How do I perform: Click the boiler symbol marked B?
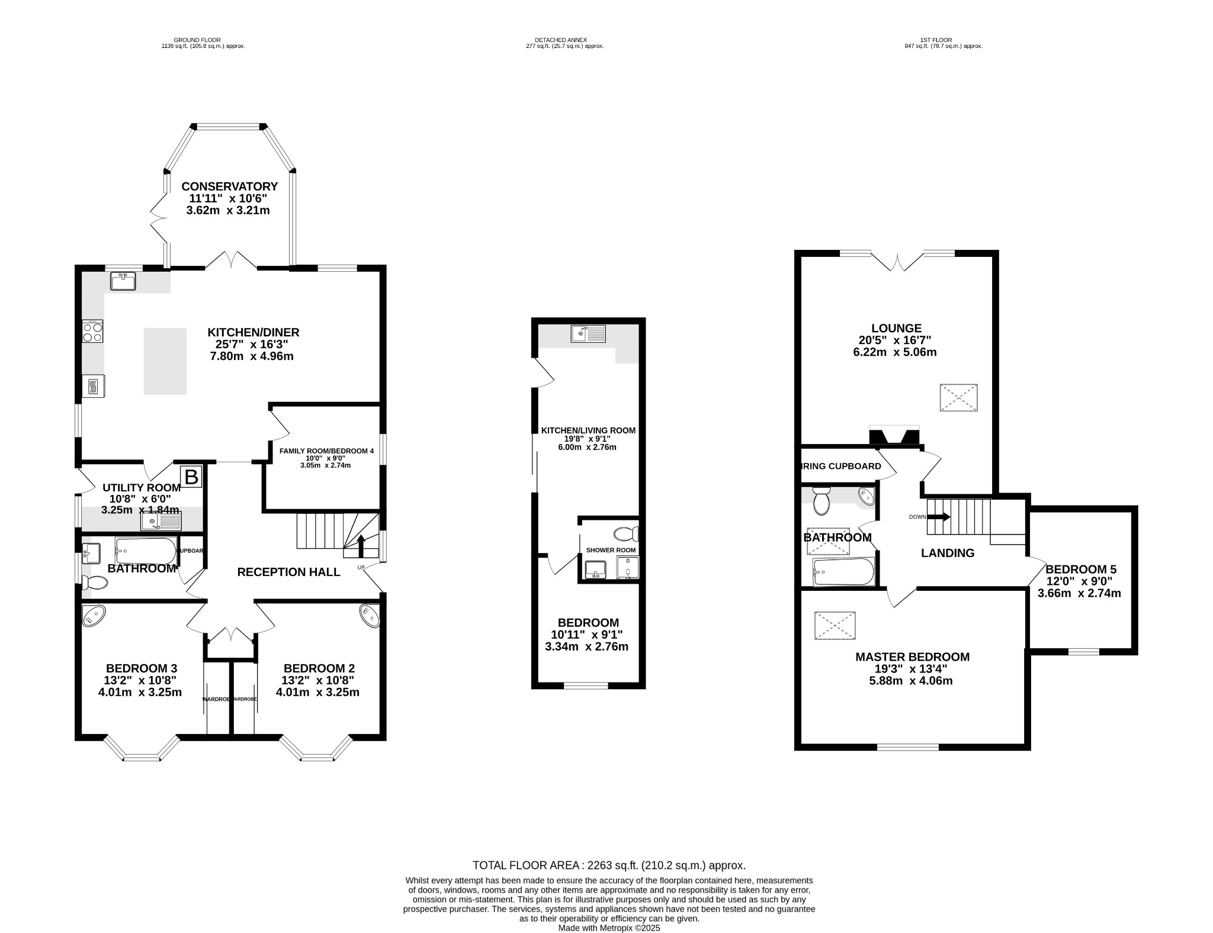191,477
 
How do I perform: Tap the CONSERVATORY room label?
229,186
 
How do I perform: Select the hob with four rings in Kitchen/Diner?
92,331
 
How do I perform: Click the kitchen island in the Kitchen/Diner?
165,361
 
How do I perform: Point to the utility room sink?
162,522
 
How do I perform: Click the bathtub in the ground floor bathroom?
146,551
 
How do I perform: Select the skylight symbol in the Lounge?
958,398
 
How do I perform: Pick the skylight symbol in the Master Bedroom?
835,626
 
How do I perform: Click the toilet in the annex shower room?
625,534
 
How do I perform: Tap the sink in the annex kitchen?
588,334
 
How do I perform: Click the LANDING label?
948,553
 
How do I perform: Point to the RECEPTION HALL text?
288,572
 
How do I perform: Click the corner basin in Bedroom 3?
94,616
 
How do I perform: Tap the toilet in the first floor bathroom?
821,501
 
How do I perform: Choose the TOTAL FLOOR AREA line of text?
609,866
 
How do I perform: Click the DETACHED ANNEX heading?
564,40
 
